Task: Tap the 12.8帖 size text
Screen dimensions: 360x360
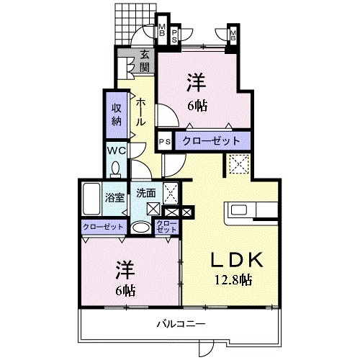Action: (x=230, y=279)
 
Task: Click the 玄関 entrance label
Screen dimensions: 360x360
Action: (x=145, y=60)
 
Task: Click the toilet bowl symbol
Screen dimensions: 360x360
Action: (x=115, y=168)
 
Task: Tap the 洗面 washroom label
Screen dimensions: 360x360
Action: (x=146, y=193)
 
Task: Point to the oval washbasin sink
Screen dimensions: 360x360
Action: (x=143, y=227)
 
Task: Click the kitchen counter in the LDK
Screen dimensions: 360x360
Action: (x=252, y=211)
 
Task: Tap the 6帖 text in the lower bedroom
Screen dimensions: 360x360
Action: (x=124, y=291)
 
